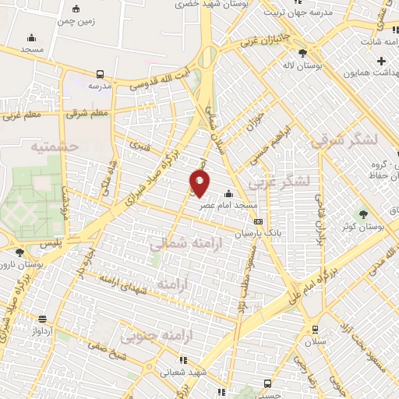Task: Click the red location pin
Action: click(199, 184)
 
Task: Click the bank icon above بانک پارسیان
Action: click(258, 222)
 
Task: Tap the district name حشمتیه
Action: click(54, 146)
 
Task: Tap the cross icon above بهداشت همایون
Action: click(381, 61)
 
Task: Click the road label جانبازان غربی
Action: click(265, 35)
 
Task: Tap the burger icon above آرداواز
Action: click(41, 318)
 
